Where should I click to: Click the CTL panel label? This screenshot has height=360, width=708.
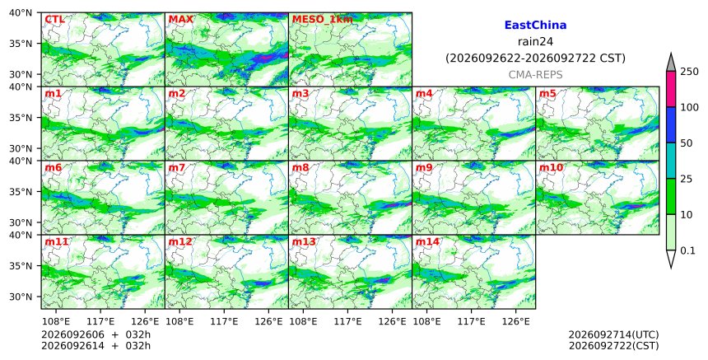[x=54, y=20]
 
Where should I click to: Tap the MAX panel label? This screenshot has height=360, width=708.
[x=180, y=20]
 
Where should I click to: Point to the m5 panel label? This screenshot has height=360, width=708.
[x=547, y=93]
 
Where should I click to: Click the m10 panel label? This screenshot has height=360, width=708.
[x=551, y=167]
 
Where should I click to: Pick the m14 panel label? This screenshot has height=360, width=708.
[x=427, y=241]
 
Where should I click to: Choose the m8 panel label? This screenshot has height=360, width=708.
[x=300, y=167]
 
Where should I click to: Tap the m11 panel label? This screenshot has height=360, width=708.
[x=56, y=241]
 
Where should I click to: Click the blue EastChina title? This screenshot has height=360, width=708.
[x=535, y=26]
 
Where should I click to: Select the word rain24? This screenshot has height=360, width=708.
[x=535, y=42]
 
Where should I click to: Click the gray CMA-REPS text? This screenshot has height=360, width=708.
[x=535, y=74]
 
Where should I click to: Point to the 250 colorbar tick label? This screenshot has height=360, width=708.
[x=689, y=72]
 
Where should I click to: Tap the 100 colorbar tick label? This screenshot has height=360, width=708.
[x=689, y=107]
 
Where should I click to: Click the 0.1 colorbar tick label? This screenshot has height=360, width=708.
[x=687, y=250]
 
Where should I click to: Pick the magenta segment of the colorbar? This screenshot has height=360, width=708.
[x=671, y=89]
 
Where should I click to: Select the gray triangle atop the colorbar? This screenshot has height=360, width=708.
[x=671, y=63]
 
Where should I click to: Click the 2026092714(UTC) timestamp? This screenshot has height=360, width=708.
[x=613, y=334]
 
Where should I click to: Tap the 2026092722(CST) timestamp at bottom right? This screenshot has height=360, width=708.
[x=613, y=346]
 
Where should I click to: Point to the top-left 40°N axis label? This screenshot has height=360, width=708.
[x=21, y=12]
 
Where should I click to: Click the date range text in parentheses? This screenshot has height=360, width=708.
[x=535, y=58]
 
